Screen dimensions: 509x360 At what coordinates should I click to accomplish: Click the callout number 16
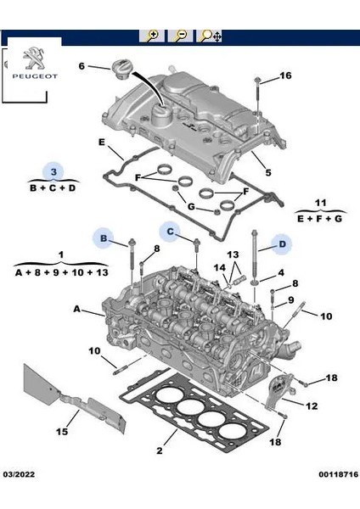tap(285, 76)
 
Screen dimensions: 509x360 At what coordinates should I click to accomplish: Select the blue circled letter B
tap(104, 240)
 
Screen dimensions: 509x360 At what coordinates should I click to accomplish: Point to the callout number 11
tap(319, 204)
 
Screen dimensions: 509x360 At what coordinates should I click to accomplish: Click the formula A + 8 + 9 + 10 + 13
tap(60, 272)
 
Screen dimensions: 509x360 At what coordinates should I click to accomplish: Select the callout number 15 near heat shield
tap(62, 433)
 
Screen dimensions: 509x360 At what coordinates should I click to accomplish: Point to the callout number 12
tap(312, 406)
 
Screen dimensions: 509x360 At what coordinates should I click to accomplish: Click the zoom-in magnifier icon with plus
tap(153, 36)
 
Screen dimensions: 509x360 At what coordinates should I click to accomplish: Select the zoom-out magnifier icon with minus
tap(180, 36)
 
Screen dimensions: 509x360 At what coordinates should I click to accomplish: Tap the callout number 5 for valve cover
tap(267, 173)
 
